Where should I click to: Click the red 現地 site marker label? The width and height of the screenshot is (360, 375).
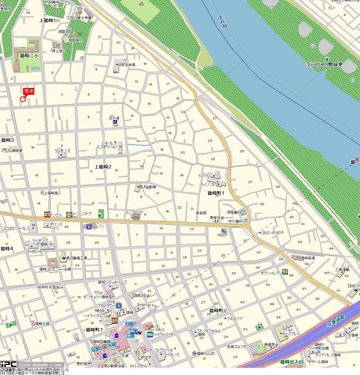[x=28, y=91]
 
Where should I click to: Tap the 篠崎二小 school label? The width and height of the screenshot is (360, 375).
[x=28, y=55]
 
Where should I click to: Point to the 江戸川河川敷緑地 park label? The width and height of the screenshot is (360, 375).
[x=331, y=64]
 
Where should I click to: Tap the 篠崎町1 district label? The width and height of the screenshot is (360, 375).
[x=216, y=193]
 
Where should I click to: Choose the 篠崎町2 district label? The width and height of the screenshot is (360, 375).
[x=218, y=310]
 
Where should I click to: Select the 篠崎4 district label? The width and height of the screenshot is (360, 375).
[x=7, y=248]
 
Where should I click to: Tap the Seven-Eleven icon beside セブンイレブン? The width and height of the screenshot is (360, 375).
[x=284, y=271]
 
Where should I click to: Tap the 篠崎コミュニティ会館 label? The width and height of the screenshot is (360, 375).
[x=55, y=269]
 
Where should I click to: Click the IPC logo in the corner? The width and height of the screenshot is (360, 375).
[x=8, y=364]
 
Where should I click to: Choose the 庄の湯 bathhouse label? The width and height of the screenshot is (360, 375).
[x=115, y=118]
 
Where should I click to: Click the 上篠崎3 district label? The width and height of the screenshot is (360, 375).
[x=7, y=140]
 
